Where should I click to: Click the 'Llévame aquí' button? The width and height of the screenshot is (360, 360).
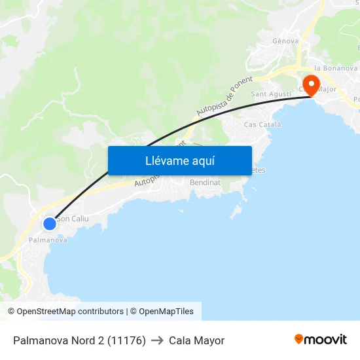[179, 160]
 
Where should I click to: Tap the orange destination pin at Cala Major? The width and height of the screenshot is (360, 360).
[310, 84]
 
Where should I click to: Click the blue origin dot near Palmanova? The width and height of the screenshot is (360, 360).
[50, 224]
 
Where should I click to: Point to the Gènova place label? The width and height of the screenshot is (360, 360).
[285, 41]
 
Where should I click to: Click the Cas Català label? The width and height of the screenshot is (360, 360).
[262, 124]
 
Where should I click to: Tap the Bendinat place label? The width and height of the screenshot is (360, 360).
[204, 183]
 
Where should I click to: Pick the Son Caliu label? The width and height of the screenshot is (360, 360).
[73, 219]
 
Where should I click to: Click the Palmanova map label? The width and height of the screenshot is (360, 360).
[48, 240]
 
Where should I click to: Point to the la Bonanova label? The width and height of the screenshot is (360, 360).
[336, 67]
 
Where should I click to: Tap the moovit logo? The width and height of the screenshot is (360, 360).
[321, 340]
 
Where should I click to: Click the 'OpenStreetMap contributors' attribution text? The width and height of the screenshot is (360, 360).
[70, 312]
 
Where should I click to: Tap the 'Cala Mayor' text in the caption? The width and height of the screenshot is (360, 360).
[196, 340]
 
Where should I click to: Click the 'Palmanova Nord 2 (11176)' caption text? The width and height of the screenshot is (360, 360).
[79, 340]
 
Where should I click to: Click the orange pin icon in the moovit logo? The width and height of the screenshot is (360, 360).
[299, 339]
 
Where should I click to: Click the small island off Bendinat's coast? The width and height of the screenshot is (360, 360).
[237, 210]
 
